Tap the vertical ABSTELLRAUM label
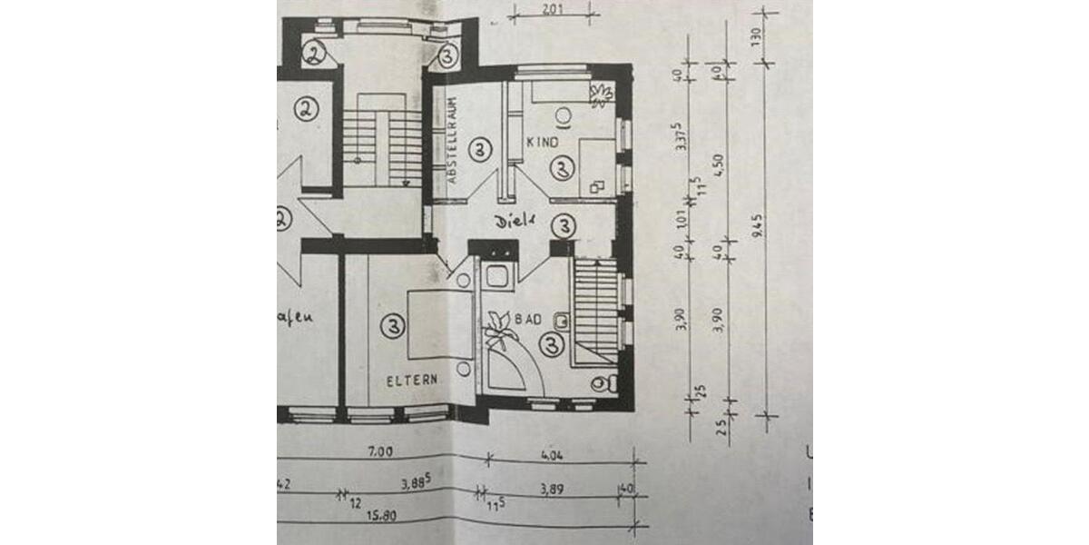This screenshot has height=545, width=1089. click(451, 143)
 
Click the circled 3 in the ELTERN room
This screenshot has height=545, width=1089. click(391, 324)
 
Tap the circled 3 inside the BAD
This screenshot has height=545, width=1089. click(551, 343)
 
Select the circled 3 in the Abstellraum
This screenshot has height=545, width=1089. click(481, 146)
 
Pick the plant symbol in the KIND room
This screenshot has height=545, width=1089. click(602, 94)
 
